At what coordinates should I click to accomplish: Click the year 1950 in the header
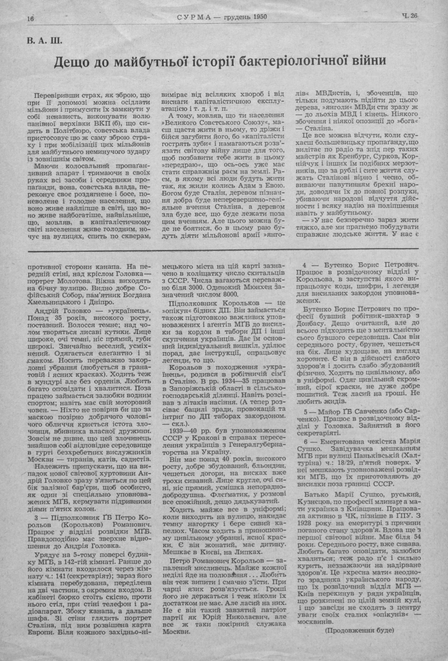pyautogui.click(x=259, y=17)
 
